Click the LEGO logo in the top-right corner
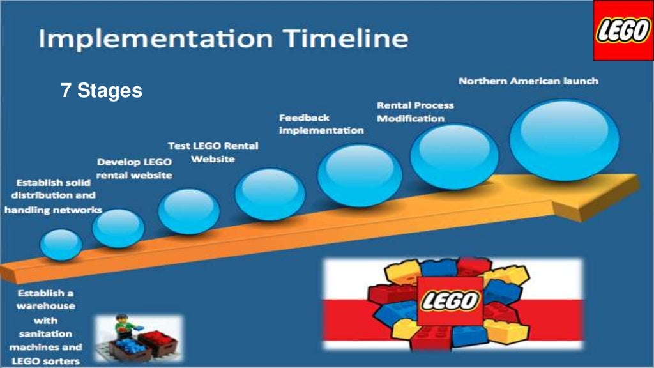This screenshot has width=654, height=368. [x=623, y=31]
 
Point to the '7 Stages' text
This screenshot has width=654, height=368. [x=102, y=91]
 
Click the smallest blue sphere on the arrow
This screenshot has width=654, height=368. [x=61, y=244]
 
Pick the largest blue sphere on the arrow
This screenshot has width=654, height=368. [x=565, y=140]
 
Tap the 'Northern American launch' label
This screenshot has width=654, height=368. [x=528, y=81]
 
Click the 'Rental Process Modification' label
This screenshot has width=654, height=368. [x=415, y=112]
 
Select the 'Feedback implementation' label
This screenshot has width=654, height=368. [x=321, y=124]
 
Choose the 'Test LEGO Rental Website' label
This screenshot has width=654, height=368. [x=213, y=152]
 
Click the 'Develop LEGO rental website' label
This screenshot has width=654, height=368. [x=134, y=169]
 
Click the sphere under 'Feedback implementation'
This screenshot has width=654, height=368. [x=360, y=174]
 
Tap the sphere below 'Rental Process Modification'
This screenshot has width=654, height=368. [x=454, y=157]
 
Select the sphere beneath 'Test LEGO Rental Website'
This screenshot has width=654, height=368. [x=270, y=194]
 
